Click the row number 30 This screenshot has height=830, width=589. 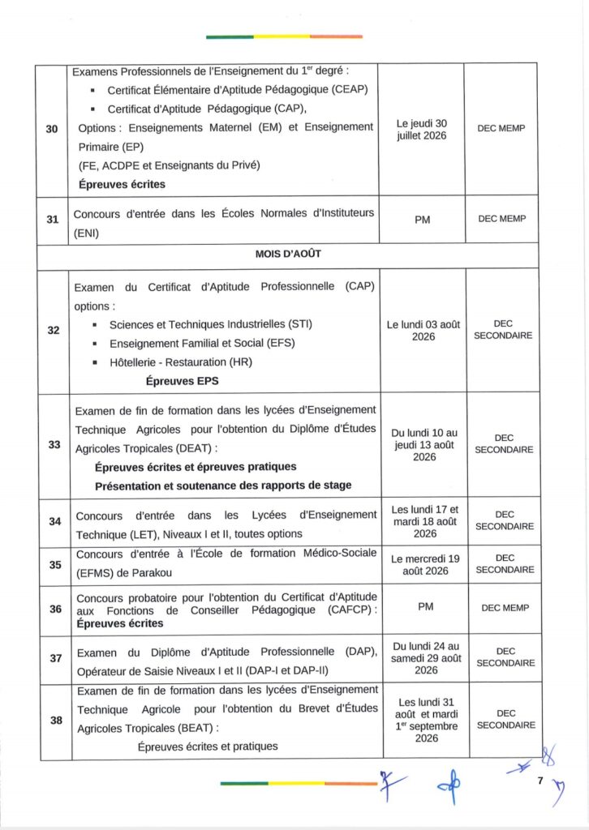(51, 129)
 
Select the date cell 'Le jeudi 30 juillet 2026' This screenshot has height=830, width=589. (421, 129)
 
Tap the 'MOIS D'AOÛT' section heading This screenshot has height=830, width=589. (289, 254)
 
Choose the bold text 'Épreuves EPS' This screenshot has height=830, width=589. (182, 380)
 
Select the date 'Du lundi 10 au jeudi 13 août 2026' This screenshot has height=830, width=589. (424, 445)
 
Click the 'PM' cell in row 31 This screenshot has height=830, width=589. (422, 220)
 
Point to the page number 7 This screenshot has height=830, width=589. (539, 781)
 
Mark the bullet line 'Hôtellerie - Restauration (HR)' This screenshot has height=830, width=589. (180, 362)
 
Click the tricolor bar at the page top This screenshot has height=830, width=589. (284, 36)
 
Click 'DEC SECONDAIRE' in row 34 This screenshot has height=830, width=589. (505, 520)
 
